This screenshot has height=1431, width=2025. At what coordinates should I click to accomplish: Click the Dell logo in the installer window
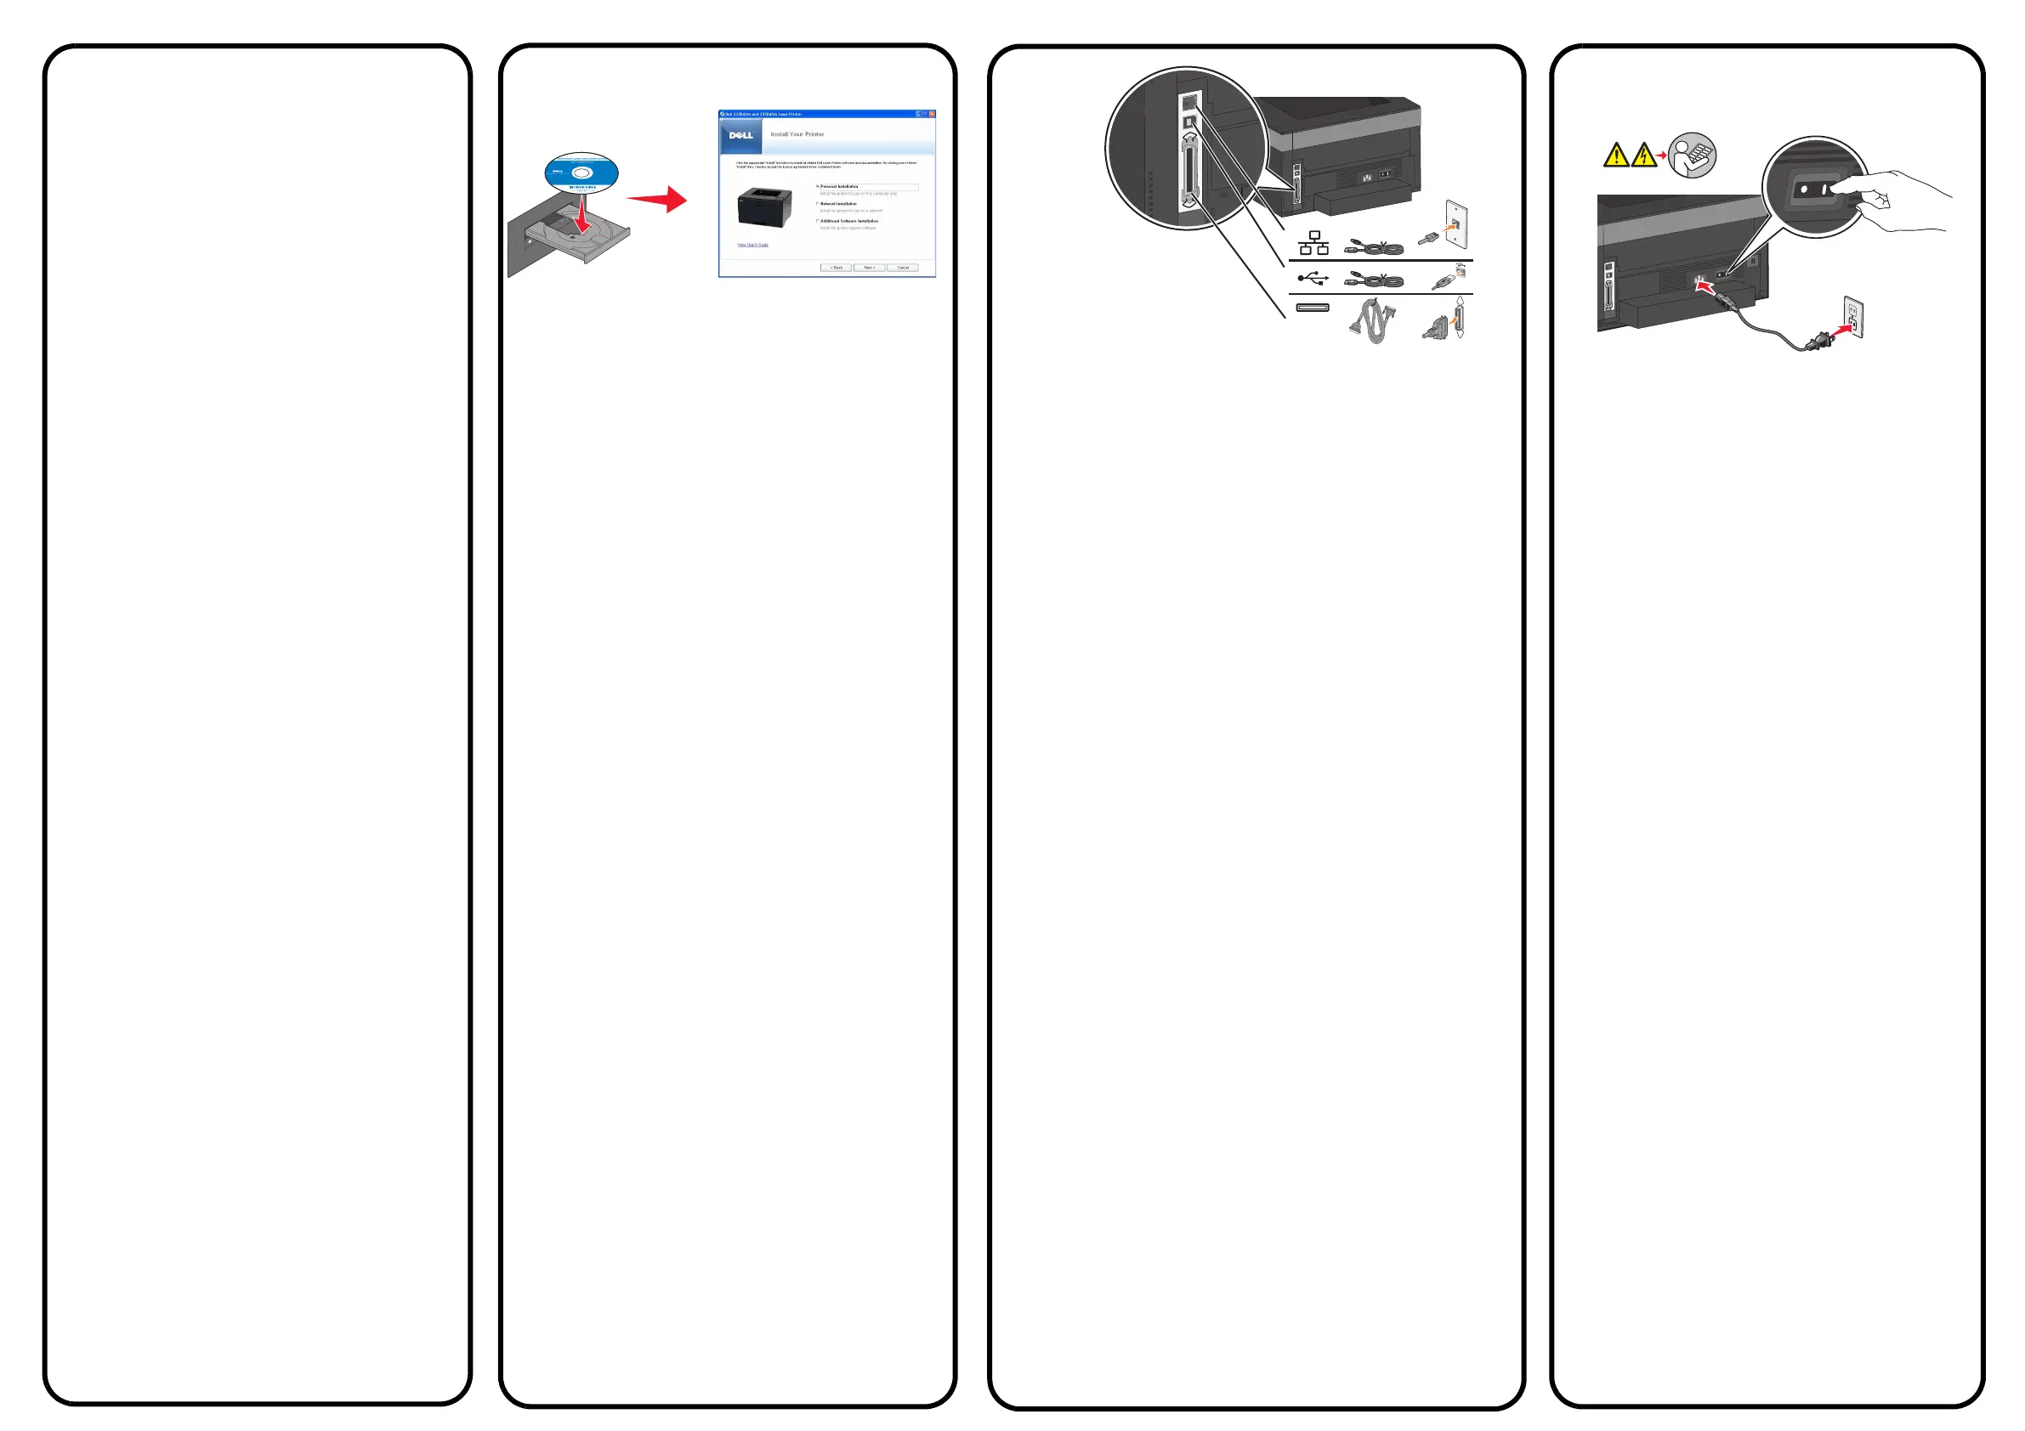(740, 136)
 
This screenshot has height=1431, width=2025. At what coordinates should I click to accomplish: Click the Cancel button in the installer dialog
(902, 267)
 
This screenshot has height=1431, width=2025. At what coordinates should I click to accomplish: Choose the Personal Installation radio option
(819, 187)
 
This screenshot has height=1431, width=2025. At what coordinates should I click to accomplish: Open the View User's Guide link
(752, 245)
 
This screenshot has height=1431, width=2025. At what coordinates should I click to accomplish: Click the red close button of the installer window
(932, 115)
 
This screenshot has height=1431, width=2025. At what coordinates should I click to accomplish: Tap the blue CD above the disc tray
(581, 173)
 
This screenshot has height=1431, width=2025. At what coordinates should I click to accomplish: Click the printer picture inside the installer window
(763, 208)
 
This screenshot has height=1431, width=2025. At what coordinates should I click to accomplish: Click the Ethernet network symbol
(1313, 243)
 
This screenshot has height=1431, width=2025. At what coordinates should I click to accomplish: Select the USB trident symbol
(1313, 279)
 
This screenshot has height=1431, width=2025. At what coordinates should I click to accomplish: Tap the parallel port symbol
(1313, 308)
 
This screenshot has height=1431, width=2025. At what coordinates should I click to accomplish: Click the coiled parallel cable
(1373, 322)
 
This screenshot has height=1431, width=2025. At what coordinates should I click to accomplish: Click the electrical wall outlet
(1853, 319)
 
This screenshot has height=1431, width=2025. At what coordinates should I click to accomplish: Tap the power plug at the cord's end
(1819, 339)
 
